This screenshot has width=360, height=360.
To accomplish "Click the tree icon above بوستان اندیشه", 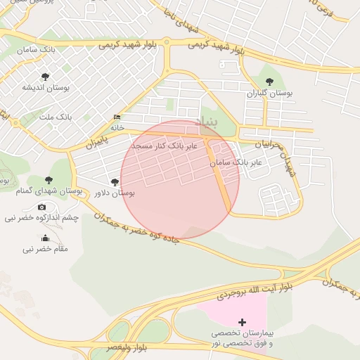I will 46,76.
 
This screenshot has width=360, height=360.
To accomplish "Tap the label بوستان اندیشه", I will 46,87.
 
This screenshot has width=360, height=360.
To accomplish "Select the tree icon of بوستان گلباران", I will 269,82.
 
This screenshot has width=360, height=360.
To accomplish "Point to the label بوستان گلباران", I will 269,93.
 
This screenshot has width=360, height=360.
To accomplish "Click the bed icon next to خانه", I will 117,117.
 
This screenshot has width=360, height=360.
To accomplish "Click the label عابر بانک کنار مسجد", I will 167,145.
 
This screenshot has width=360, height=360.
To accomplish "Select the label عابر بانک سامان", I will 236,162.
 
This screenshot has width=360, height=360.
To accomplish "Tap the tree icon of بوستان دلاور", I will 115,182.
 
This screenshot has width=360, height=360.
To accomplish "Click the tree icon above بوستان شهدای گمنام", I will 49,181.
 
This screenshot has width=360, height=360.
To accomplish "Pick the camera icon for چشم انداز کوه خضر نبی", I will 41,207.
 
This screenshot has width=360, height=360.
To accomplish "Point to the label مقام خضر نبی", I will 45,249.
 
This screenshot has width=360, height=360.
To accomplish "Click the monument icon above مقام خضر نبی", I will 46,238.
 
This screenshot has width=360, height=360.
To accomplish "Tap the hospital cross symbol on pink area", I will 243,322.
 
